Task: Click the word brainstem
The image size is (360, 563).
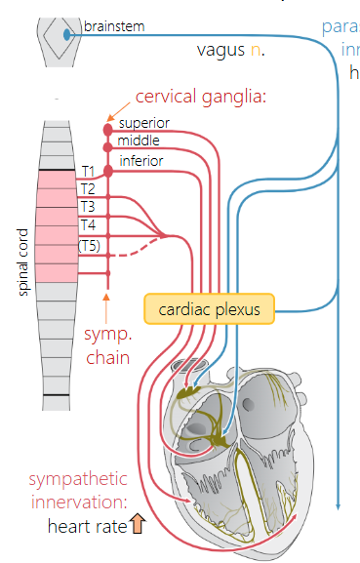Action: click(113, 26)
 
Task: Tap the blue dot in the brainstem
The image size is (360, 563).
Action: click(66, 34)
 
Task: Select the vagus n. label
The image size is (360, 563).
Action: click(230, 49)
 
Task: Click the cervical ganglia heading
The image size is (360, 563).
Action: click(201, 97)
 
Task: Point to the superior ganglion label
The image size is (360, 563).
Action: click(144, 123)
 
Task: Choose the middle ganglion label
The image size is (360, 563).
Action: click(139, 141)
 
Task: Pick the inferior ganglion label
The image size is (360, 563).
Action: click(141, 160)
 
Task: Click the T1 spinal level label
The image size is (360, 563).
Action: click(89, 171)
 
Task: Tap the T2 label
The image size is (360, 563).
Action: click(89, 188)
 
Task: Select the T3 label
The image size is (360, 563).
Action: click(89, 207)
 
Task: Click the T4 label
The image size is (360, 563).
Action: click(89, 225)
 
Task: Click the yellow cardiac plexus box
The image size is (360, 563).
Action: click(210, 309)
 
